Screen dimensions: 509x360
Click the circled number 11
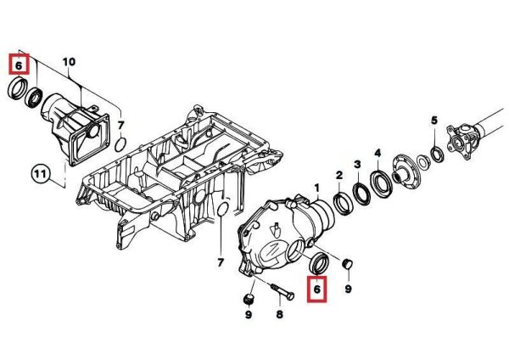click(40, 174)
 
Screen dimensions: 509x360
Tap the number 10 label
click(69, 62)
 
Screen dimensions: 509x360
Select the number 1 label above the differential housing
click(316, 188)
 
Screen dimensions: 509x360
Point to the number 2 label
click(339, 176)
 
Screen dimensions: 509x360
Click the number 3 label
click(357, 164)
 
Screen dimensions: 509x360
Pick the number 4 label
click(378, 153)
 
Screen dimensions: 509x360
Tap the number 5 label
click(434, 121)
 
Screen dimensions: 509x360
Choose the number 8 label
click(279, 314)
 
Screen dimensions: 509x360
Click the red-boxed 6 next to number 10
click(19, 65)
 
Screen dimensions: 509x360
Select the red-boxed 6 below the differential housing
click(317, 289)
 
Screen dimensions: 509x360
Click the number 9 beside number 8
click(249, 314)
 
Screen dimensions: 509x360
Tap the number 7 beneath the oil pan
click(221, 262)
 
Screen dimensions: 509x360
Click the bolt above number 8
click(282, 290)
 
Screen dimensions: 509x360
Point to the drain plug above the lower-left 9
click(248, 299)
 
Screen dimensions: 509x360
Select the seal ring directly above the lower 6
click(320, 262)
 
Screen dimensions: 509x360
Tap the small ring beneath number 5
click(437, 154)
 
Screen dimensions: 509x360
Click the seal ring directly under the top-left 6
click(18, 87)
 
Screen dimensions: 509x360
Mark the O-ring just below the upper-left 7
click(120, 144)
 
